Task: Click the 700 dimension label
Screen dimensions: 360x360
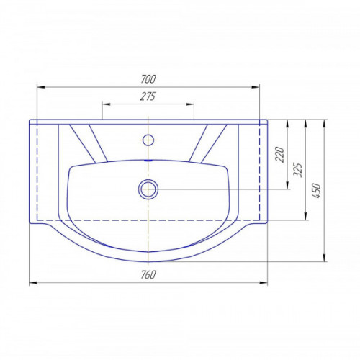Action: [148, 79]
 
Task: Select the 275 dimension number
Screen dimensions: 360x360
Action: [148, 96]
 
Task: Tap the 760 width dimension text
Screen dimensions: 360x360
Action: [148, 275]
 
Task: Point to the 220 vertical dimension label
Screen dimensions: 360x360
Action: [279, 154]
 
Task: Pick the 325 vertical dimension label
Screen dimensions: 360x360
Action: [297, 170]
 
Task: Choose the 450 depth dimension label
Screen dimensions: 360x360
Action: [316, 191]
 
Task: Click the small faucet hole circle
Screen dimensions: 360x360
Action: [148, 140]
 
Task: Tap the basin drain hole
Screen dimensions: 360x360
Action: [148, 189]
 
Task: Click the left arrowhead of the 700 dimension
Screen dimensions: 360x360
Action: [41, 87]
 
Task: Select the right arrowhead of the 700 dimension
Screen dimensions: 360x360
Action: [256, 87]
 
